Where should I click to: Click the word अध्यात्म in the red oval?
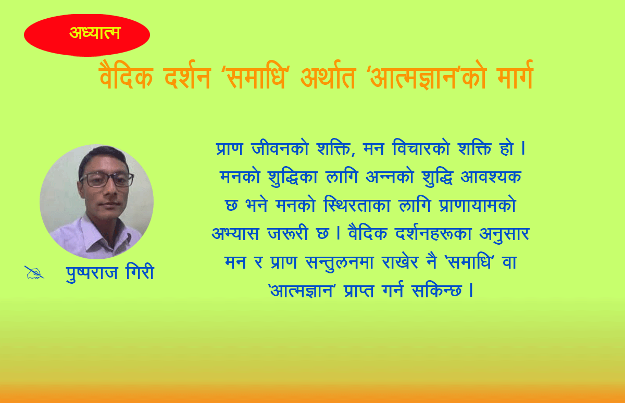pyautogui.click(x=95, y=33)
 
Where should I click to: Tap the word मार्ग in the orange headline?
pyautogui.click(x=515, y=75)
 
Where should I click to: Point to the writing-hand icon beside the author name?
pyautogui.click(x=34, y=272)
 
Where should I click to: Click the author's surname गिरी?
pyautogui.click(x=140, y=271)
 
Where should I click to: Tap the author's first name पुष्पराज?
pyautogui.click(x=92, y=273)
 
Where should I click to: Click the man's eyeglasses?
pyautogui.click(x=107, y=180)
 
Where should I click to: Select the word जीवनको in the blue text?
pyautogui.click(x=280, y=148)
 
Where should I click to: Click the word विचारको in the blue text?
pyautogui.click(x=421, y=148)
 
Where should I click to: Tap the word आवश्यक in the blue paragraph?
pyautogui.click(x=491, y=177)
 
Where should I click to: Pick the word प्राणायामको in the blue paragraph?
pyautogui.click(x=478, y=205)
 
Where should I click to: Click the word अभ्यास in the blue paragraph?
pyautogui.click(x=235, y=234)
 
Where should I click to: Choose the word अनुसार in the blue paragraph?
pyautogui.click(x=504, y=234)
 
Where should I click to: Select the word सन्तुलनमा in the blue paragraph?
pyautogui.click(x=340, y=262)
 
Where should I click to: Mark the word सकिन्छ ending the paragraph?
pyautogui.click(x=436, y=291)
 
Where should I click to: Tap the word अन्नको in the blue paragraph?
pyautogui.click(x=390, y=177)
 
